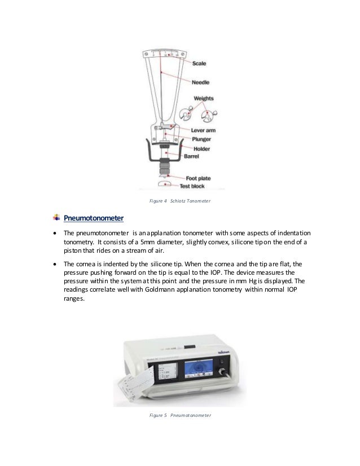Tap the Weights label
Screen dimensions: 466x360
[x=204, y=98]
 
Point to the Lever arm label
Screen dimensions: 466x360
[x=203, y=130]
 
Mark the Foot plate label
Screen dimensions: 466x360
[x=199, y=178]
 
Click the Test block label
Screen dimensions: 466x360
[x=192, y=186]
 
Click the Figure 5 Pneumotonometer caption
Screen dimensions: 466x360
[x=180, y=416]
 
